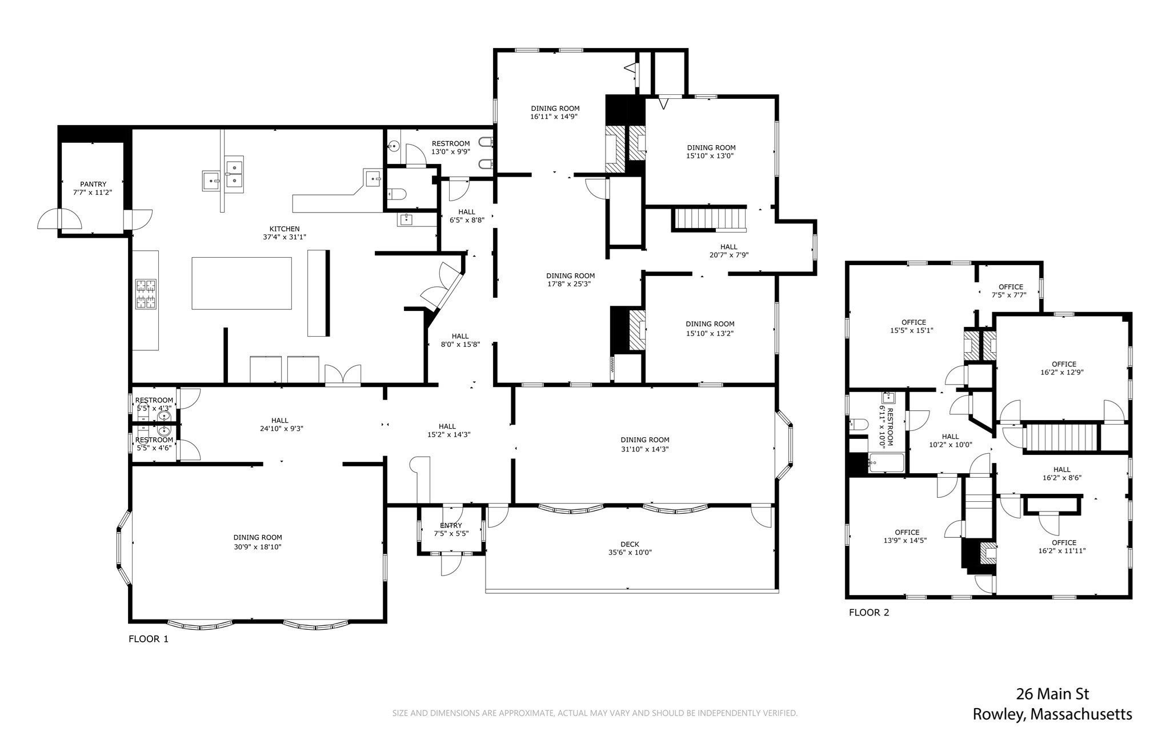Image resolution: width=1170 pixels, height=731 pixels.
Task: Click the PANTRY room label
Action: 93,184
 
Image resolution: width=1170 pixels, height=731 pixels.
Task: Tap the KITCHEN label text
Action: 285,229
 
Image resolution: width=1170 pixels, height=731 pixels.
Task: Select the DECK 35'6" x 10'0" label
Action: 630,548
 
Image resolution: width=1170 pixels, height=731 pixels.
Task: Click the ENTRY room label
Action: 451,525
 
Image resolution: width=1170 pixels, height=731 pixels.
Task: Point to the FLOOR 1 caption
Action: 149,639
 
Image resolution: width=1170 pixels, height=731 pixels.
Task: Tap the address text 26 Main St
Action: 1052,694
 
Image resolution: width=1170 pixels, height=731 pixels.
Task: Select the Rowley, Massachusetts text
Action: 1052,714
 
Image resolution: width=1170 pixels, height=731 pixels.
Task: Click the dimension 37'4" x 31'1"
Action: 285,237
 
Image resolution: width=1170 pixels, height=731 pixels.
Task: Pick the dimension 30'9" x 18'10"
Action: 258,546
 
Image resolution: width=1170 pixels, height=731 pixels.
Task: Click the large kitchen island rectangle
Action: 242,283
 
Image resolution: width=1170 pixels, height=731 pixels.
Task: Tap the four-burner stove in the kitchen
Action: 146,294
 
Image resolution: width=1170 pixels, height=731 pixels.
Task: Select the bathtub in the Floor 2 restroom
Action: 885,462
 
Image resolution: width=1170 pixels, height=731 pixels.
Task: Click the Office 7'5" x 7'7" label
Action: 1011,291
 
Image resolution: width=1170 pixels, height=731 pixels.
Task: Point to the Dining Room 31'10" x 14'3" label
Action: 645,444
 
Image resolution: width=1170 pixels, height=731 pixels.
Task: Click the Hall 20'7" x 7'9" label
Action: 728,251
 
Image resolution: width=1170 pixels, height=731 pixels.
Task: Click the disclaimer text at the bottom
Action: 594,713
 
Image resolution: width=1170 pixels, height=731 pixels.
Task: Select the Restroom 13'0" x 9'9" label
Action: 451,147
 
